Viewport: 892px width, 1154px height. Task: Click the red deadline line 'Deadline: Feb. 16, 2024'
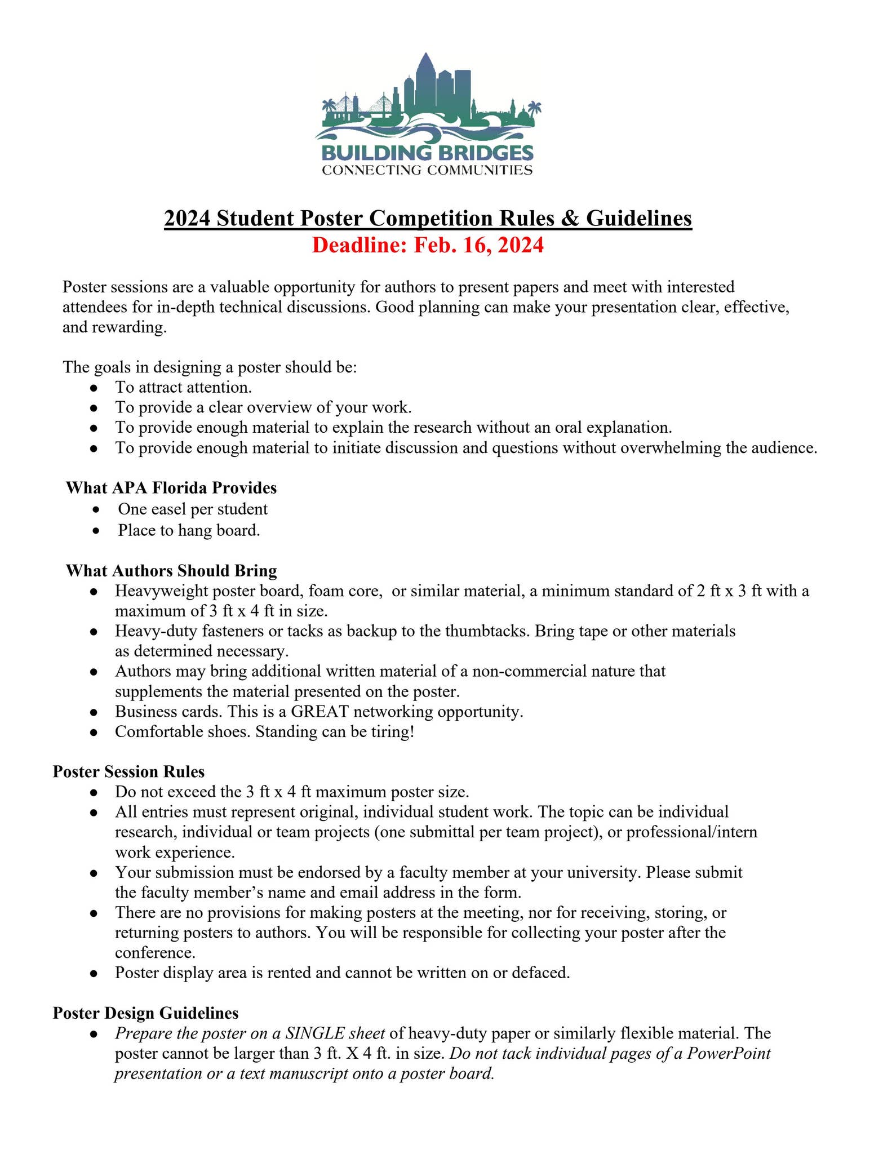[428, 246]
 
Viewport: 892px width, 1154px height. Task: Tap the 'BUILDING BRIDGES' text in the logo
[427, 152]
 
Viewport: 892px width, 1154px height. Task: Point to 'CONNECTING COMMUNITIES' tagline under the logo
[427, 170]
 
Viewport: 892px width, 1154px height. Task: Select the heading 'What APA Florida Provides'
[171, 487]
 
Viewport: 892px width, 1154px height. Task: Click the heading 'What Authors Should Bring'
[171, 571]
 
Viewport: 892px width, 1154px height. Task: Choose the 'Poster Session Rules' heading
[128, 771]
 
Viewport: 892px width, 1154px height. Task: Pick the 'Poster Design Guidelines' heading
[145, 1013]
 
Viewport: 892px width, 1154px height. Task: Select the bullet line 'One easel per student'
[193, 509]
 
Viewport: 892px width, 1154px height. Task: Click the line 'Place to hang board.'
[189, 530]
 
